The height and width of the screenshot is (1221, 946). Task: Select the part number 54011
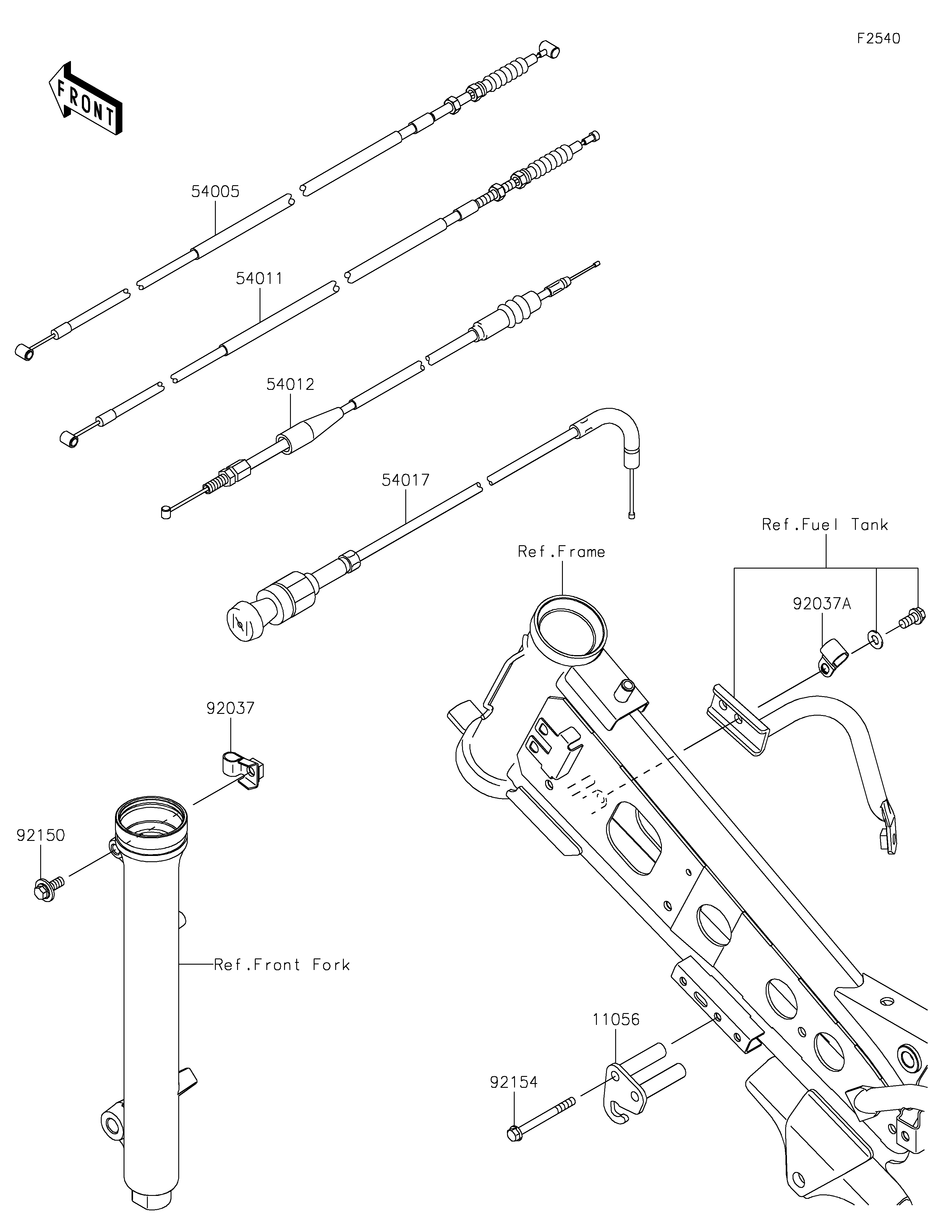click(x=259, y=279)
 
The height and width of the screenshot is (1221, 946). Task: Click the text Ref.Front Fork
click(x=282, y=964)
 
